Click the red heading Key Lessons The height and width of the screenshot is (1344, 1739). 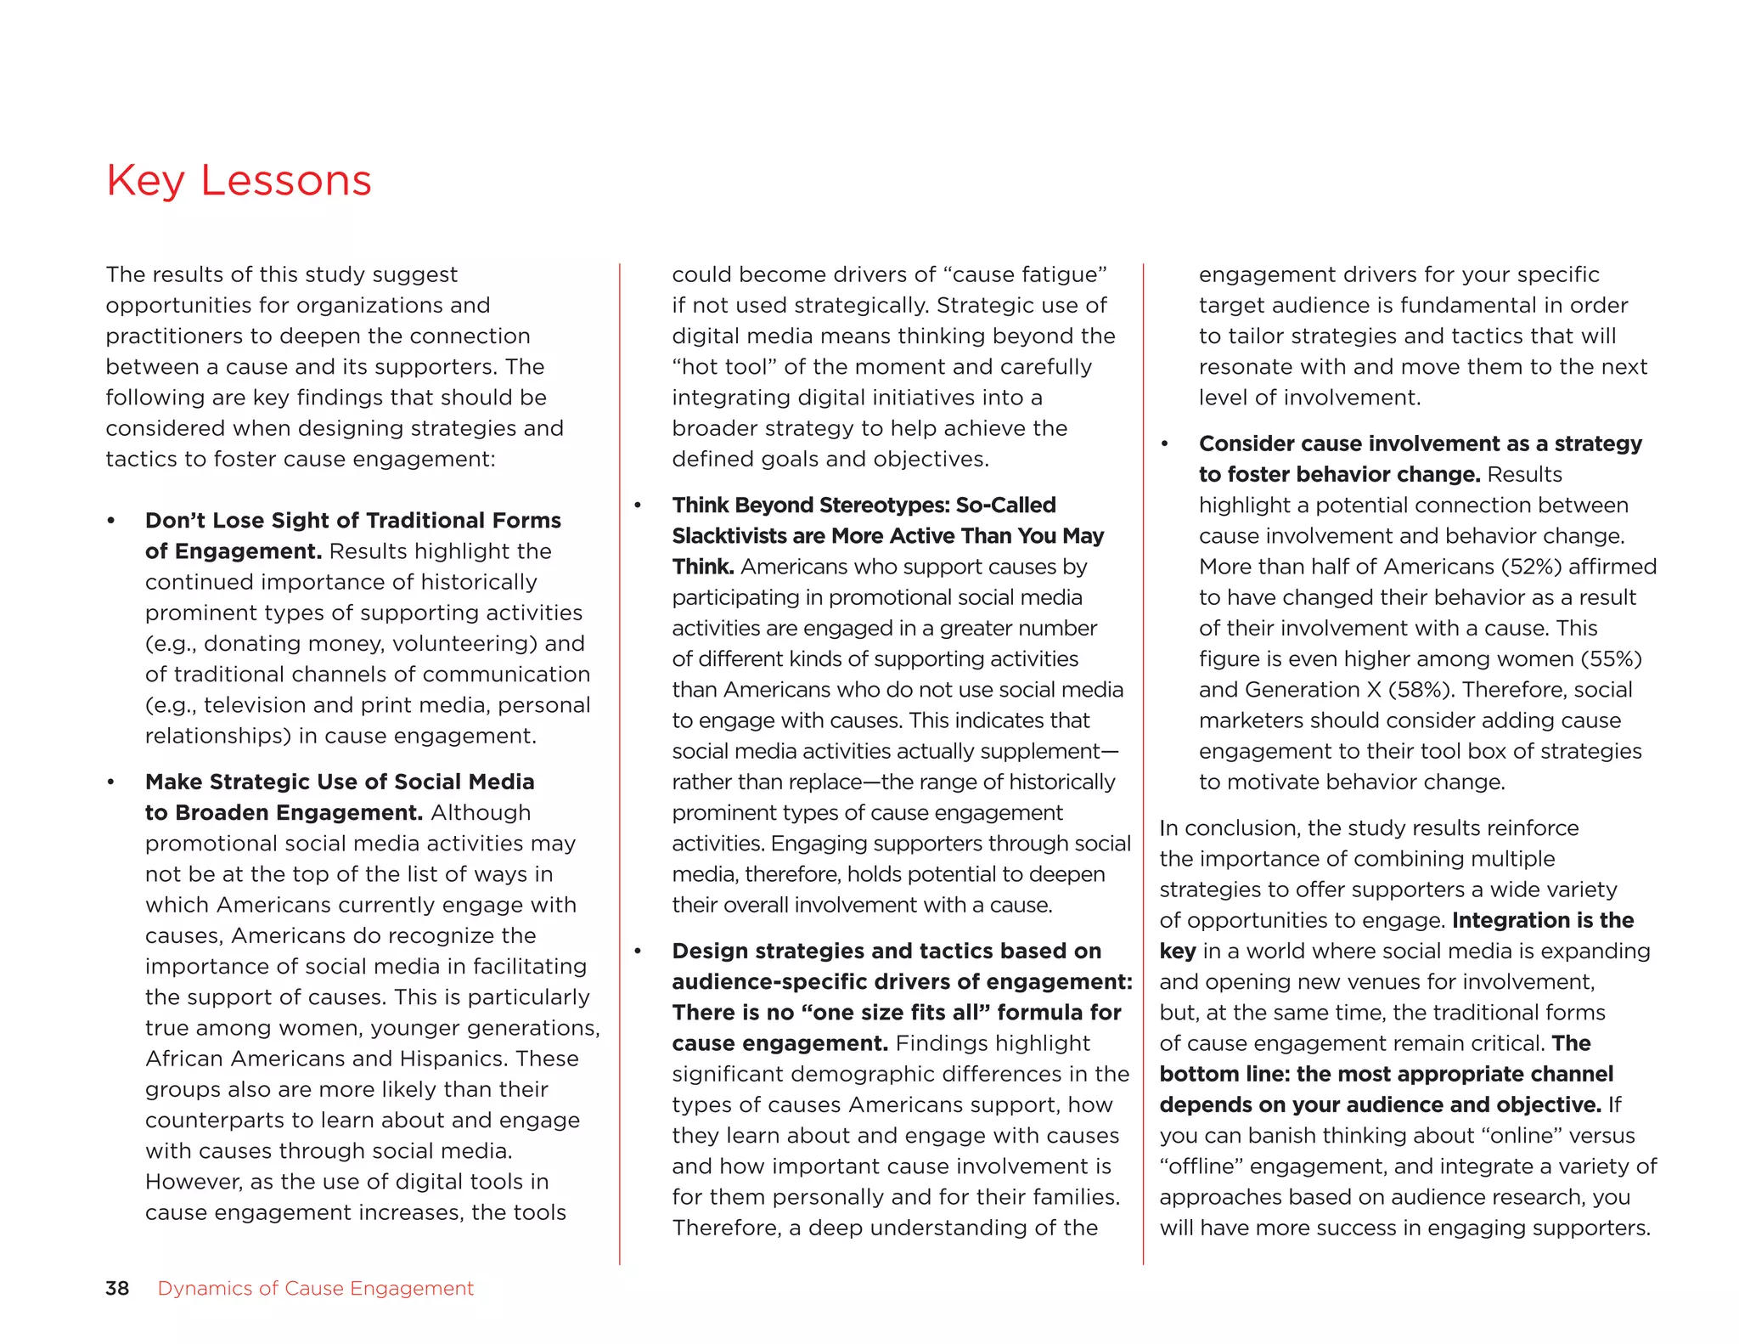[x=239, y=180]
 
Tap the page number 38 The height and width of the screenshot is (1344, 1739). [x=117, y=1288]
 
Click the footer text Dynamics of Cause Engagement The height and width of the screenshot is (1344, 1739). [x=315, y=1288]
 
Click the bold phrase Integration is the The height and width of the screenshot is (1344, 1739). [x=1543, y=920]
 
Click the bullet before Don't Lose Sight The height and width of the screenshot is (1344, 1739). [x=111, y=521]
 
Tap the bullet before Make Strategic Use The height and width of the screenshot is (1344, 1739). [x=111, y=782]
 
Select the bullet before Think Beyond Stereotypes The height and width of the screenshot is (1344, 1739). [x=638, y=505]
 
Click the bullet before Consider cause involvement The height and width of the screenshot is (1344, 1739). [x=1165, y=444]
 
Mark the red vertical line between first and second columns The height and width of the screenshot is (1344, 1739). [x=620, y=765]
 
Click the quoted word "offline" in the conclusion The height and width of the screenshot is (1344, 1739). [x=1200, y=1166]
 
